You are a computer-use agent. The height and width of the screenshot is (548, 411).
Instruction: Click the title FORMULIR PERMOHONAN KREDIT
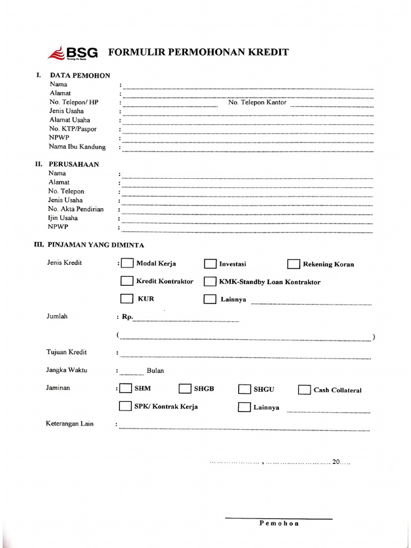(199, 52)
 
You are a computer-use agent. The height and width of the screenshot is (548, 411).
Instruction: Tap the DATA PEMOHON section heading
(80, 75)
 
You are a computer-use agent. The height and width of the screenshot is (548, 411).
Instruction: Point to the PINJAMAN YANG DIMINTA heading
(96, 245)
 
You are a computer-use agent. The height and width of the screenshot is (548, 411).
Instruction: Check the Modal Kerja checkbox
(127, 263)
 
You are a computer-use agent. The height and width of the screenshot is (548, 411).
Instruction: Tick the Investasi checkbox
(210, 264)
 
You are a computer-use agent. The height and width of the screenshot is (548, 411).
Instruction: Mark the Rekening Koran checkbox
(293, 264)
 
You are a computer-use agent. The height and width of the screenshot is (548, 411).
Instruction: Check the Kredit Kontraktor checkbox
(127, 281)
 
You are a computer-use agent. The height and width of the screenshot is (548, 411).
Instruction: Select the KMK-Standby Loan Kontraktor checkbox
(210, 281)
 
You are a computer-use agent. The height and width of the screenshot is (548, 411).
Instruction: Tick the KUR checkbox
(127, 299)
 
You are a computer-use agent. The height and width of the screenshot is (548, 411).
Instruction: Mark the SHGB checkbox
(185, 389)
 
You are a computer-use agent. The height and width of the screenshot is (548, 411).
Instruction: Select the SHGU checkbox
(245, 389)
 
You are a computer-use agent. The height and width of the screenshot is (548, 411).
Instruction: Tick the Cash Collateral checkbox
(304, 390)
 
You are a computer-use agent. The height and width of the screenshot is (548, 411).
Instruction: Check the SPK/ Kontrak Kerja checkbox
(125, 406)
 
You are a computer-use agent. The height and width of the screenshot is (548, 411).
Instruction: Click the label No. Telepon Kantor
(257, 102)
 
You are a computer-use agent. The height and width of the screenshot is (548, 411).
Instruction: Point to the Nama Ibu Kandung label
(77, 147)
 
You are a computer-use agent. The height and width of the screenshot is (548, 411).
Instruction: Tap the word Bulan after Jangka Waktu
(155, 370)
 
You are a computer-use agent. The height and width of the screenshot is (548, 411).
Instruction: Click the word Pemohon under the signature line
(279, 523)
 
